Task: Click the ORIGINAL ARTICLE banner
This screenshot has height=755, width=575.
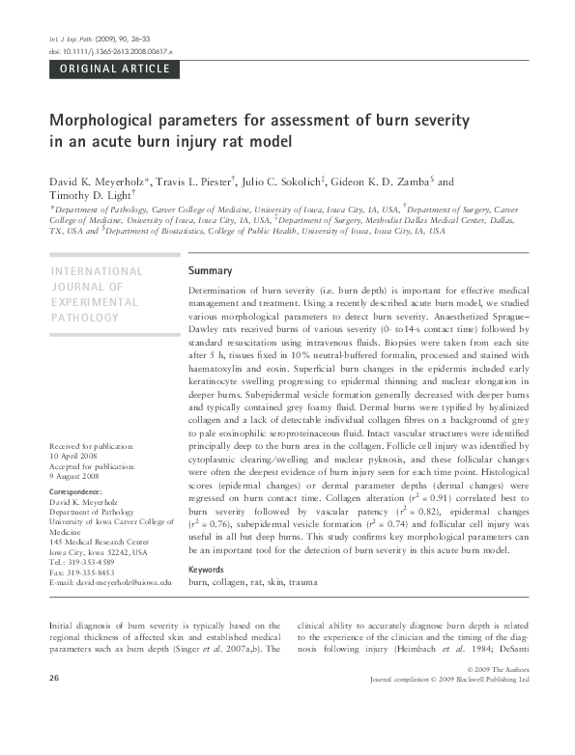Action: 115,69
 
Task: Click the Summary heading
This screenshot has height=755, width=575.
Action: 211,270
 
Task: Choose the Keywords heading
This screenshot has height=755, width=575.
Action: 212,570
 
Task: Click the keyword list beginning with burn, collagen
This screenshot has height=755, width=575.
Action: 252,583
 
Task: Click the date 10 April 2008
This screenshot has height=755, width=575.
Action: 72,454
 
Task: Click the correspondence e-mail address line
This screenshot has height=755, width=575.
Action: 109,583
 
